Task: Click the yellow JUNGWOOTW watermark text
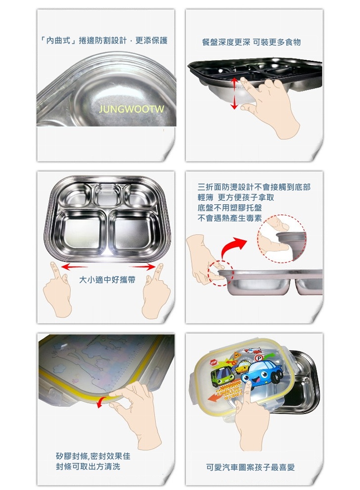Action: [132, 109]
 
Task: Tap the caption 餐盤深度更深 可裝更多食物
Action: [252, 42]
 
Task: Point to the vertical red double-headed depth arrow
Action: [234, 93]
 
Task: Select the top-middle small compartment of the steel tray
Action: [108, 195]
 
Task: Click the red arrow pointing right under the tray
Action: [142, 267]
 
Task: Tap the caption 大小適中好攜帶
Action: [107, 280]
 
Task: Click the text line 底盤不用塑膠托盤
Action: [229, 208]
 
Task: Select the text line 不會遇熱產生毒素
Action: [229, 218]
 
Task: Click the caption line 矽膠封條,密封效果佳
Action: [93, 456]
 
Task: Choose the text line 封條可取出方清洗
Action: [88, 467]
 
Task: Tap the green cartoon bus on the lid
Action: [223, 377]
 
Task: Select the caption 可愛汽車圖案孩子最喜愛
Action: [251, 467]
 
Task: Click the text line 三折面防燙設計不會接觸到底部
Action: [254, 187]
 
